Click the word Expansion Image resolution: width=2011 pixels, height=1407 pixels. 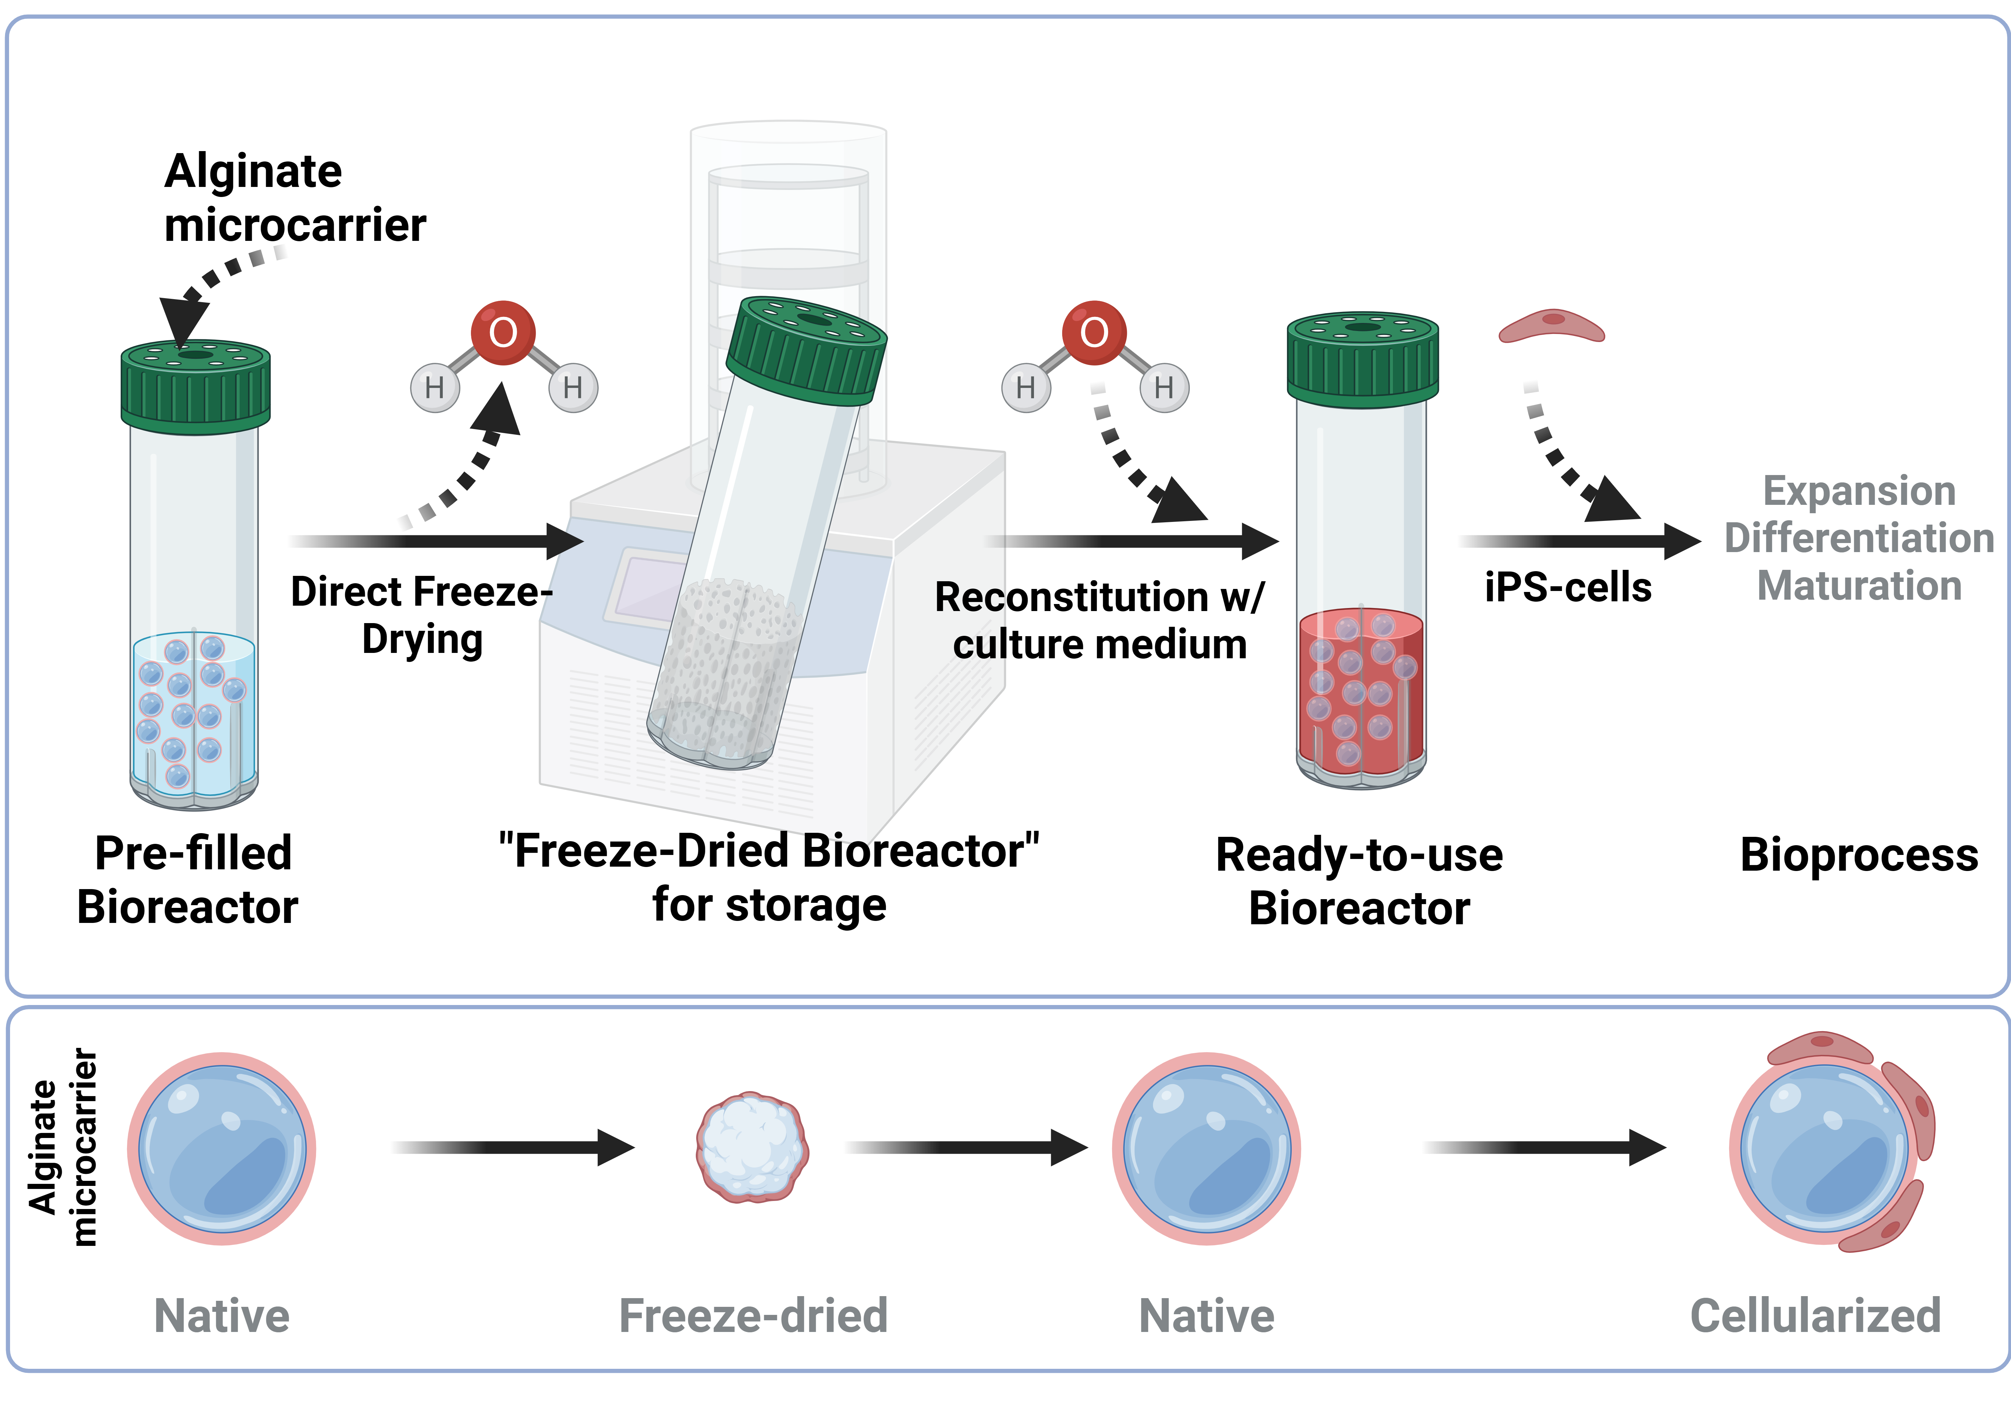pos(1858,491)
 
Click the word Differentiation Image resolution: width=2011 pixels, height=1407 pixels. pos(1858,538)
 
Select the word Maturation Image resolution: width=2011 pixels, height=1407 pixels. pos(1858,585)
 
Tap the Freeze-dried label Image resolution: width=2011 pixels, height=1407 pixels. pos(752,1315)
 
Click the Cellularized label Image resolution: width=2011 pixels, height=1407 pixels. pos(1815,1315)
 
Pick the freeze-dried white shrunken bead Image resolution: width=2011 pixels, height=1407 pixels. pos(751,1146)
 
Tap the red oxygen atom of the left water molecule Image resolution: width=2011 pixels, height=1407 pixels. pos(503,333)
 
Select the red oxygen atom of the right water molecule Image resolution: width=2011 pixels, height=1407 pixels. pos(1094,333)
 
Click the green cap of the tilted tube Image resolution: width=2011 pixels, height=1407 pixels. pos(806,350)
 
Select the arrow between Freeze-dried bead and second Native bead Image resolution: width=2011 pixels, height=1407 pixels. pos(964,1147)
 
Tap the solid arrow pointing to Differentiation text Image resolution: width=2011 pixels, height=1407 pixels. pos(1577,542)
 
